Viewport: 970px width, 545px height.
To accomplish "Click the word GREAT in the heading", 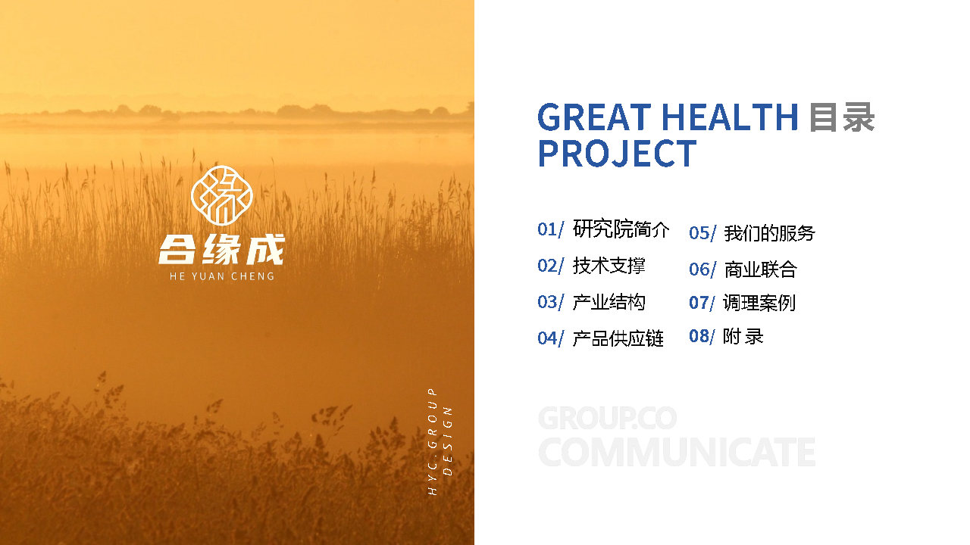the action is point(594,117).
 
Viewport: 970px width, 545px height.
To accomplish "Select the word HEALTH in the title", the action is point(730,117).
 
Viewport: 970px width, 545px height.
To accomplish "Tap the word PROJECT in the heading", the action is point(617,154).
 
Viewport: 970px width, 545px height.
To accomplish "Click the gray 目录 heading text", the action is point(842,117).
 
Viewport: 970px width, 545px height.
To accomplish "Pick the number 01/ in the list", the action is point(550,229).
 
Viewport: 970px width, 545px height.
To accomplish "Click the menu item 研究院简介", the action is point(621,229).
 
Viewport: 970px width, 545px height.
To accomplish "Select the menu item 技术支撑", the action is point(609,266).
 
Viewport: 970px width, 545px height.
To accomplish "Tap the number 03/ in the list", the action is point(550,302).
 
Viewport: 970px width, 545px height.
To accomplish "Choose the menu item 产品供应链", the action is point(618,338).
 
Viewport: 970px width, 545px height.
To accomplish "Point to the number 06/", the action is point(702,269).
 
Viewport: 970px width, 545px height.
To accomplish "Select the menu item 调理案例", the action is point(759,303).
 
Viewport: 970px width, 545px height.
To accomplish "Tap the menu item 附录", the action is point(743,337).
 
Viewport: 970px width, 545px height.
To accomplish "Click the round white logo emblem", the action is point(222,195).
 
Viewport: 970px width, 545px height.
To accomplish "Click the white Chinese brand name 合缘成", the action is point(221,250).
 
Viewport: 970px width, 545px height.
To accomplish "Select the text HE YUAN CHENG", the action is point(222,276).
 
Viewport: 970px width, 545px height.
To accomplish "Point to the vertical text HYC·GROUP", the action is point(432,441).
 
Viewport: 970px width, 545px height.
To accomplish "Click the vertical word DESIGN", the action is point(447,441).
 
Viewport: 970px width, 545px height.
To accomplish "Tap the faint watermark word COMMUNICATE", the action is point(677,452).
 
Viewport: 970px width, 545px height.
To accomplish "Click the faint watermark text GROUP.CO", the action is point(607,418).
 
